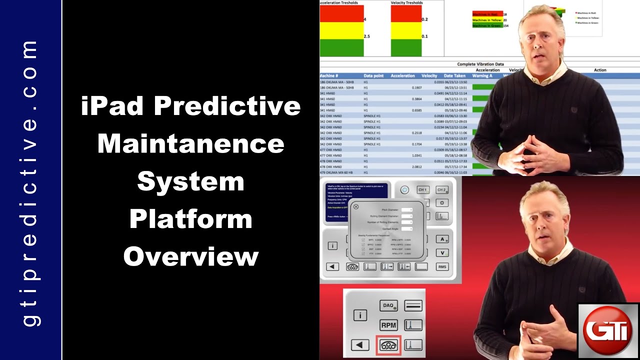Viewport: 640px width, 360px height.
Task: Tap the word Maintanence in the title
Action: [190, 144]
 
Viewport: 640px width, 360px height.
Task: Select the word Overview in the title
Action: [190, 256]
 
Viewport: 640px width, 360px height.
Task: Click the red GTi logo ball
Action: [608, 330]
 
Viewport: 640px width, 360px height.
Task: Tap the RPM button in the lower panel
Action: [388, 325]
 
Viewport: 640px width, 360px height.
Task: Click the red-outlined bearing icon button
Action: [388, 345]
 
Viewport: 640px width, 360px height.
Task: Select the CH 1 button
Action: [422, 190]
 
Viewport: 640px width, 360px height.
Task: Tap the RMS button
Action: [442, 267]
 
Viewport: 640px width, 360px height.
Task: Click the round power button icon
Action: [404, 190]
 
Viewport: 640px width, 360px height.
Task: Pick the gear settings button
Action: [442, 203]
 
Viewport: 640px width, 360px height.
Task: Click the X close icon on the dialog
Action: [356, 206]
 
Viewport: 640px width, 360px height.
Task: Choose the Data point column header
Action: [373, 76]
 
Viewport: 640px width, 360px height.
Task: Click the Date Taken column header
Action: [455, 76]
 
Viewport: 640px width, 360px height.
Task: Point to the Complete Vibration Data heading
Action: [480, 64]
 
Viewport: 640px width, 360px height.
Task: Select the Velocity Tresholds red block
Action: [405, 13]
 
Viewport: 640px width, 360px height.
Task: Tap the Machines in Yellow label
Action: [487, 20]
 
